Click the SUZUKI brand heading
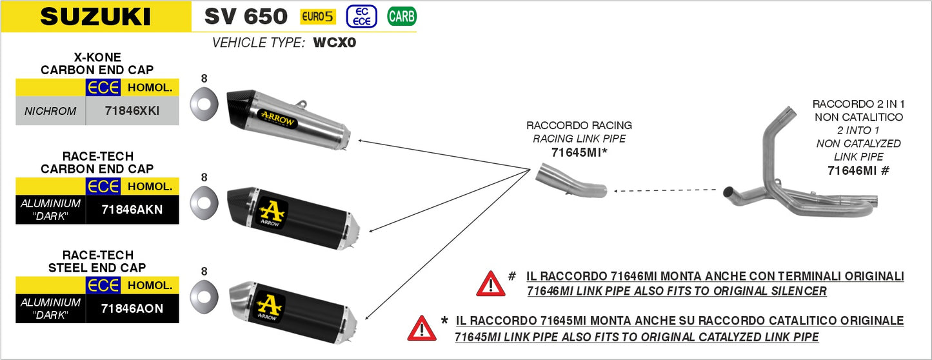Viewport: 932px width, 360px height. pyautogui.click(x=95, y=17)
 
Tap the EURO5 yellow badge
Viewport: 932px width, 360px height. pyautogui.click(x=317, y=17)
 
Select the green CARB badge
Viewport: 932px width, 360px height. pyautogui.click(x=401, y=17)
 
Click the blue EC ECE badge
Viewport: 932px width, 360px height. pyautogui.click(x=362, y=17)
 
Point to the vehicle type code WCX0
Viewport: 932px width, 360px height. pyautogui.click(x=335, y=43)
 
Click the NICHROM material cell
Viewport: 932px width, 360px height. pyautogui.click(x=50, y=111)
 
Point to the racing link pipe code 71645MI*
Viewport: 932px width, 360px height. pyautogui.click(x=580, y=152)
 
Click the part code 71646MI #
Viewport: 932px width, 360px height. pyautogui.click(x=858, y=170)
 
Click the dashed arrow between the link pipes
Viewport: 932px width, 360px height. pyautogui.click(x=664, y=190)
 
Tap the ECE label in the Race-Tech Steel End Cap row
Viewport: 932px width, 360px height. pyautogui.click(x=103, y=285)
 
